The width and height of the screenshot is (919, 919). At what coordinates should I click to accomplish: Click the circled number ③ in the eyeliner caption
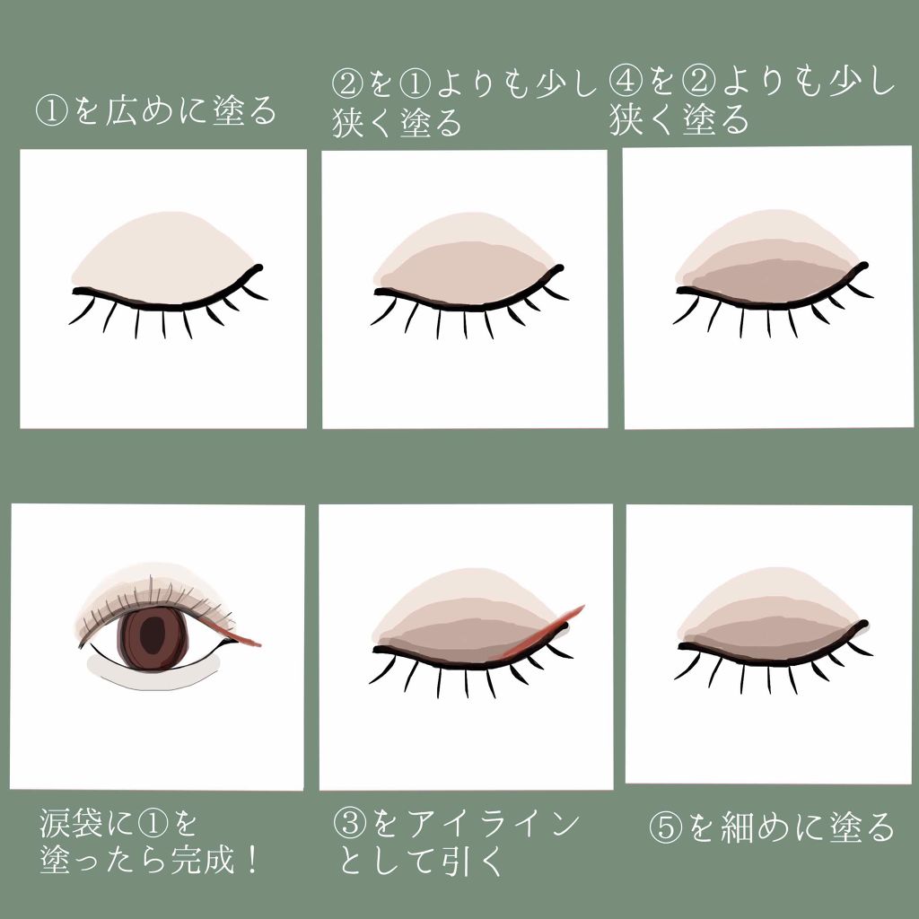351,824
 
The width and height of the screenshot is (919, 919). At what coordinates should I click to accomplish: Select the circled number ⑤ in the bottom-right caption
666,827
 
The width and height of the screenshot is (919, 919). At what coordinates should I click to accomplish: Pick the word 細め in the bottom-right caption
763,827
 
